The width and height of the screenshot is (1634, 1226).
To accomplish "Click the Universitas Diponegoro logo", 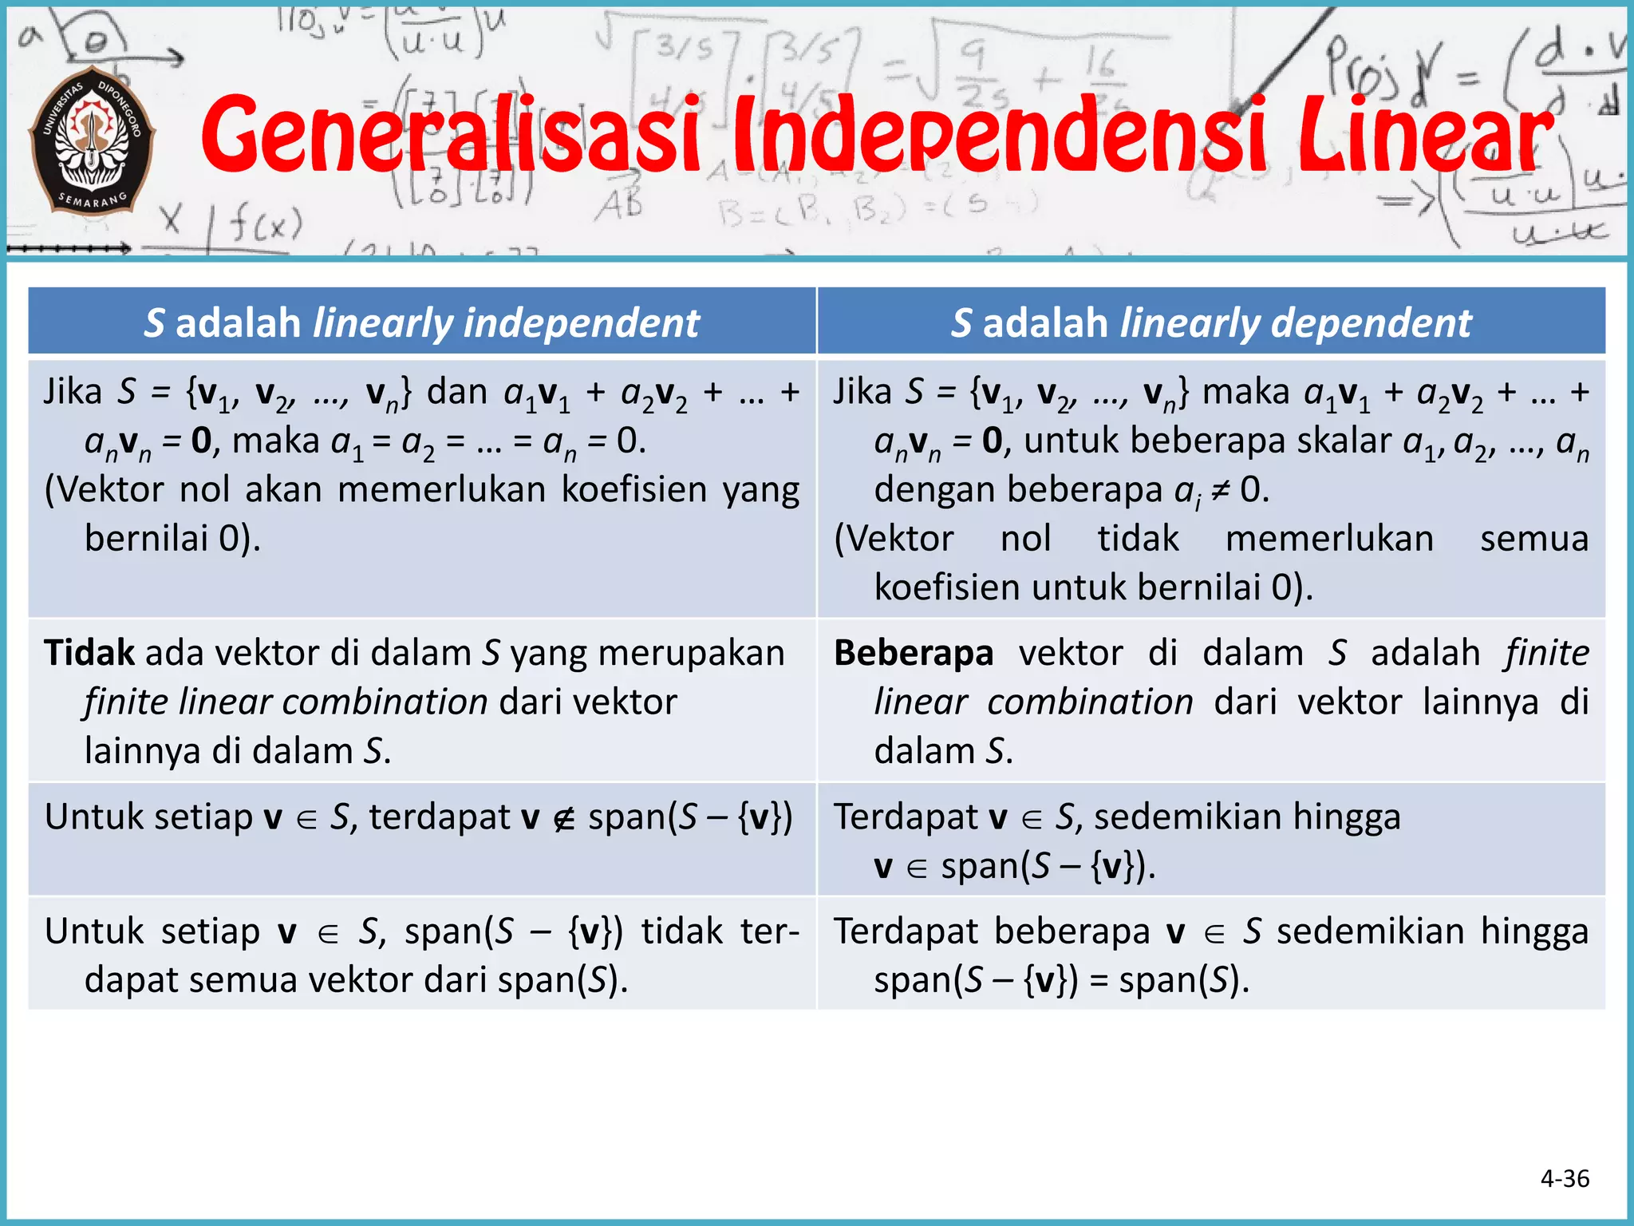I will coord(92,140).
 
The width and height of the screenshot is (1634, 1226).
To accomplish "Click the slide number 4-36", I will coord(1565,1178).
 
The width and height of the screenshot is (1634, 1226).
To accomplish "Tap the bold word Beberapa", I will coord(914,653).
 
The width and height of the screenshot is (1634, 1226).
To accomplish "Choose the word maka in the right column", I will coord(1245,392).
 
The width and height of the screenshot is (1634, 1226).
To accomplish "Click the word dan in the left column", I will coord(456,392).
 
